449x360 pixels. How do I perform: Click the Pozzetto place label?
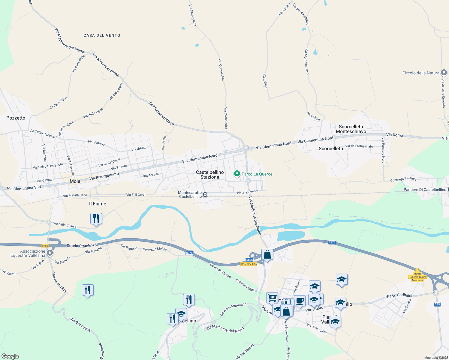(16, 118)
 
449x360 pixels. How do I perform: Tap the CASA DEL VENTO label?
(102, 35)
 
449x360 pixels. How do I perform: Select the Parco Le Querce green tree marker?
(237, 174)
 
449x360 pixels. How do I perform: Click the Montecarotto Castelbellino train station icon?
(205, 195)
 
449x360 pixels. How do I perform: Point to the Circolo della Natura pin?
(444, 73)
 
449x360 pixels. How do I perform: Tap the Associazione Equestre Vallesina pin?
(50, 253)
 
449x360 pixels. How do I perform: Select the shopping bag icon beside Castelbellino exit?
(267, 254)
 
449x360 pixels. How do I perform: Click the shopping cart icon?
(272, 298)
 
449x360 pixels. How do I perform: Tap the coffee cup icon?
(300, 301)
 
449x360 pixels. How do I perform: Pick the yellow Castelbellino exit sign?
(249, 264)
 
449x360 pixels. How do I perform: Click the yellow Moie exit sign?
(45, 246)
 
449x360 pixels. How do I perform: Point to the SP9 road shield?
(437, 304)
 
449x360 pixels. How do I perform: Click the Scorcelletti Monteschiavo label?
(351, 129)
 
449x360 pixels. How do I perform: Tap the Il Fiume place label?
(98, 204)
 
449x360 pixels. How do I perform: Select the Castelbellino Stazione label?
(210, 175)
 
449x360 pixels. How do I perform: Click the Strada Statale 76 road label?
(82, 246)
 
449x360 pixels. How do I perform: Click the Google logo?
(10, 356)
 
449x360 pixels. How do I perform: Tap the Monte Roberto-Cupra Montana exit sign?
(417, 277)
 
